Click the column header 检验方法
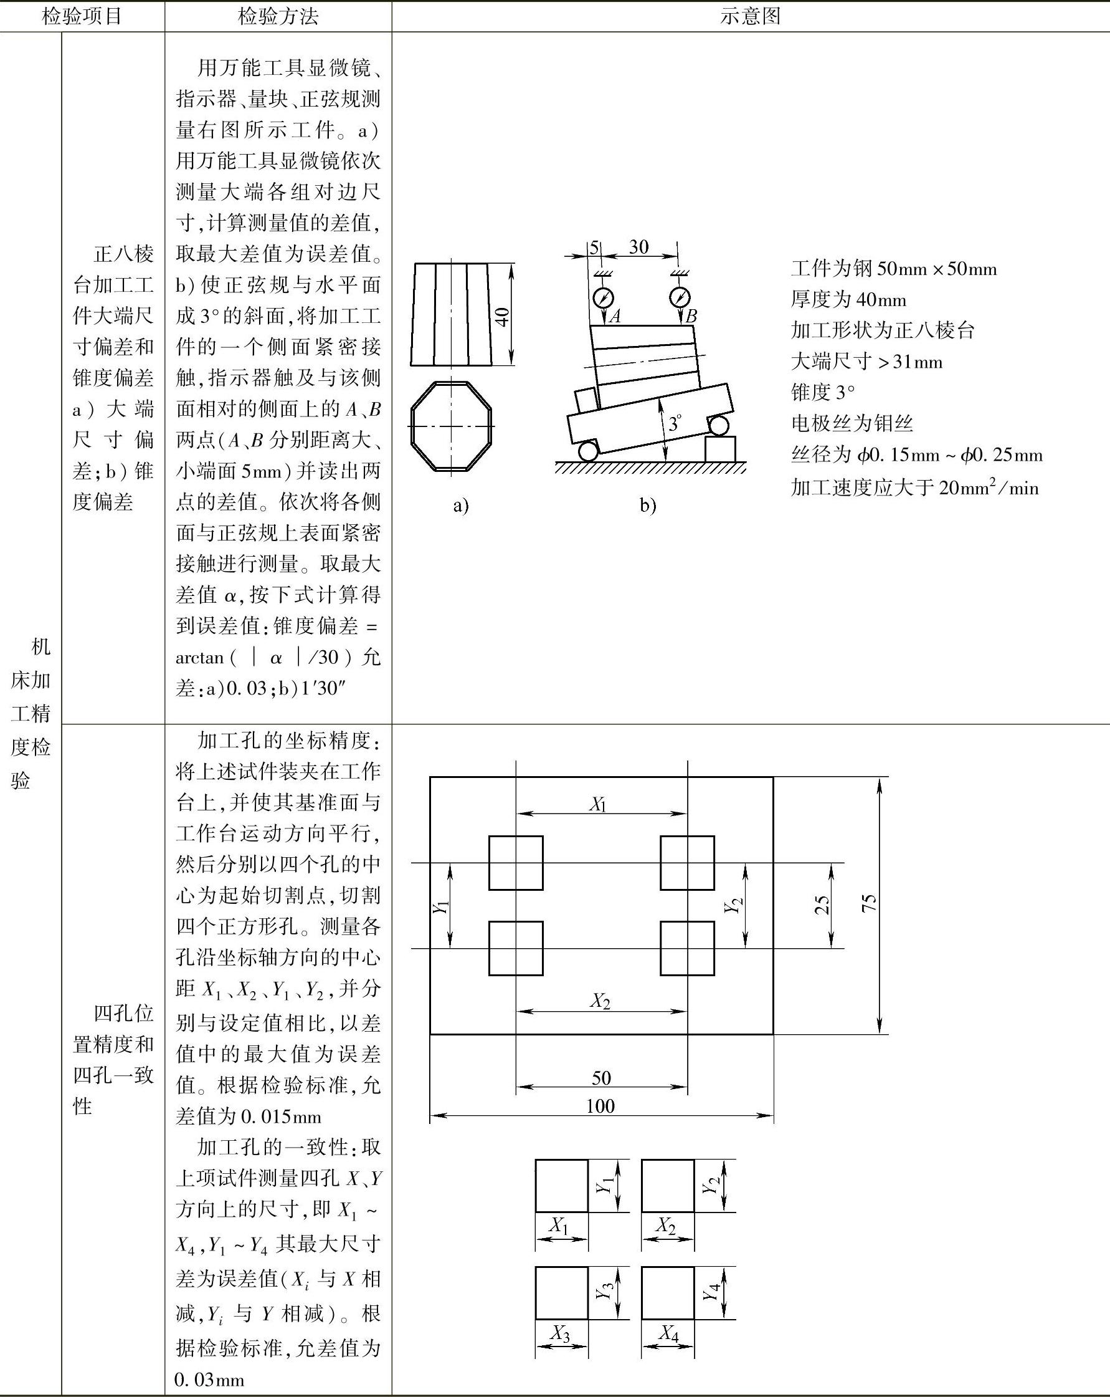pyautogui.click(x=278, y=16)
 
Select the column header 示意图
pyautogui.click(x=750, y=16)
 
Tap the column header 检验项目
pyautogui.click(x=82, y=16)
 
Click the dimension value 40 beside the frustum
pyautogui.click(x=502, y=317)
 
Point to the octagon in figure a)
pyautogui.click(x=452, y=426)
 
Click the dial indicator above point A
pyautogui.click(x=603, y=297)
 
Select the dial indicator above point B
pyautogui.click(x=680, y=297)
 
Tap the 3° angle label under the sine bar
pyautogui.click(x=675, y=423)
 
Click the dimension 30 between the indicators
pyautogui.click(x=638, y=247)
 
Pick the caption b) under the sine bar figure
pyautogui.click(x=648, y=505)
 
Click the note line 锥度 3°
pyautogui.click(x=822, y=393)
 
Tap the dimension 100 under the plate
pyautogui.click(x=600, y=1105)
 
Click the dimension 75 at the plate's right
pyautogui.click(x=869, y=903)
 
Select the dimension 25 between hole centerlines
pyautogui.click(x=821, y=905)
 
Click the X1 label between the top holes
pyautogui.click(x=598, y=805)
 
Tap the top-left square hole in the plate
pyautogui.click(x=516, y=862)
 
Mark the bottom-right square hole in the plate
pyautogui.click(x=687, y=948)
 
